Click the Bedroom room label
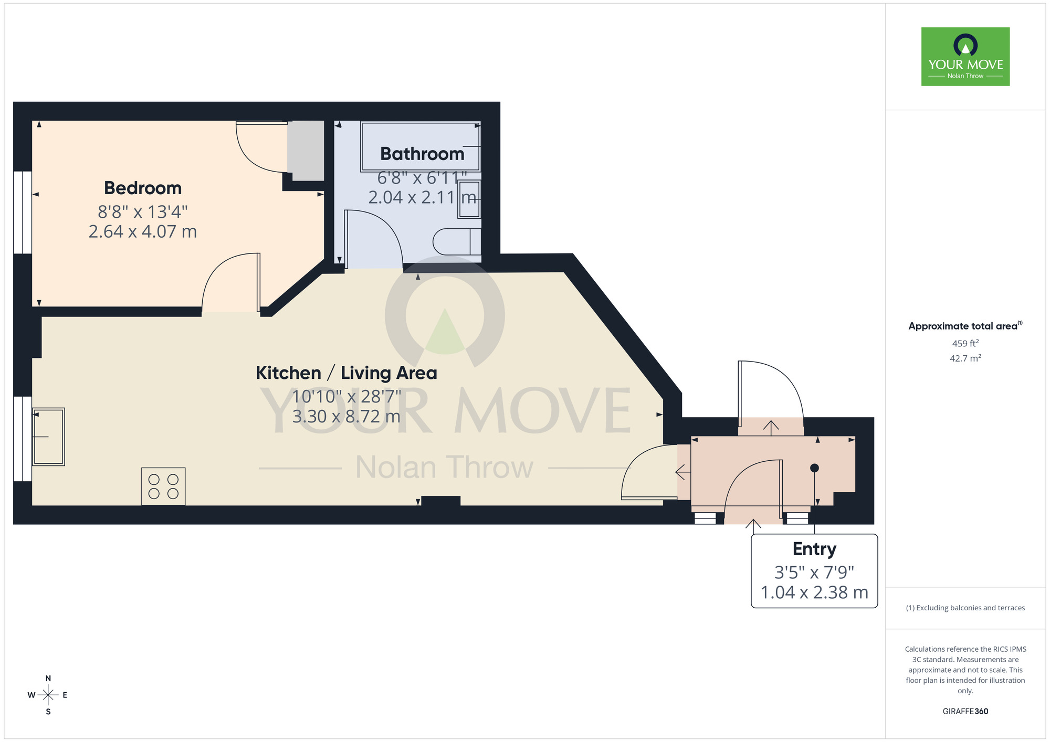(x=143, y=188)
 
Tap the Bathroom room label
(x=422, y=154)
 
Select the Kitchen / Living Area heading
(x=346, y=373)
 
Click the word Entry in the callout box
(x=814, y=549)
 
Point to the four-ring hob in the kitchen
(x=163, y=486)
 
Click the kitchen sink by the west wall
(x=48, y=437)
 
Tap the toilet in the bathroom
(x=456, y=242)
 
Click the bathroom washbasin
(x=469, y=199)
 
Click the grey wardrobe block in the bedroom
(x=306, y=151)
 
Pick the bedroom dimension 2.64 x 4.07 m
(x=143, y=231)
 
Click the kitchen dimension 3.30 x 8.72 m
(x=346, y=417)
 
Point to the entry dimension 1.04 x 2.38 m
(x=814, y=592)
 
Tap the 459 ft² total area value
(x=965, y=344)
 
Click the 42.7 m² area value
(x=965, y=359)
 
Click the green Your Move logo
(x=965, y=57)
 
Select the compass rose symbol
(x=48, y=695)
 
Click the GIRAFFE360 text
(x=965, y=712)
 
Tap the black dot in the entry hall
(x=814, y=468)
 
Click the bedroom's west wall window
(x=23, y=213)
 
